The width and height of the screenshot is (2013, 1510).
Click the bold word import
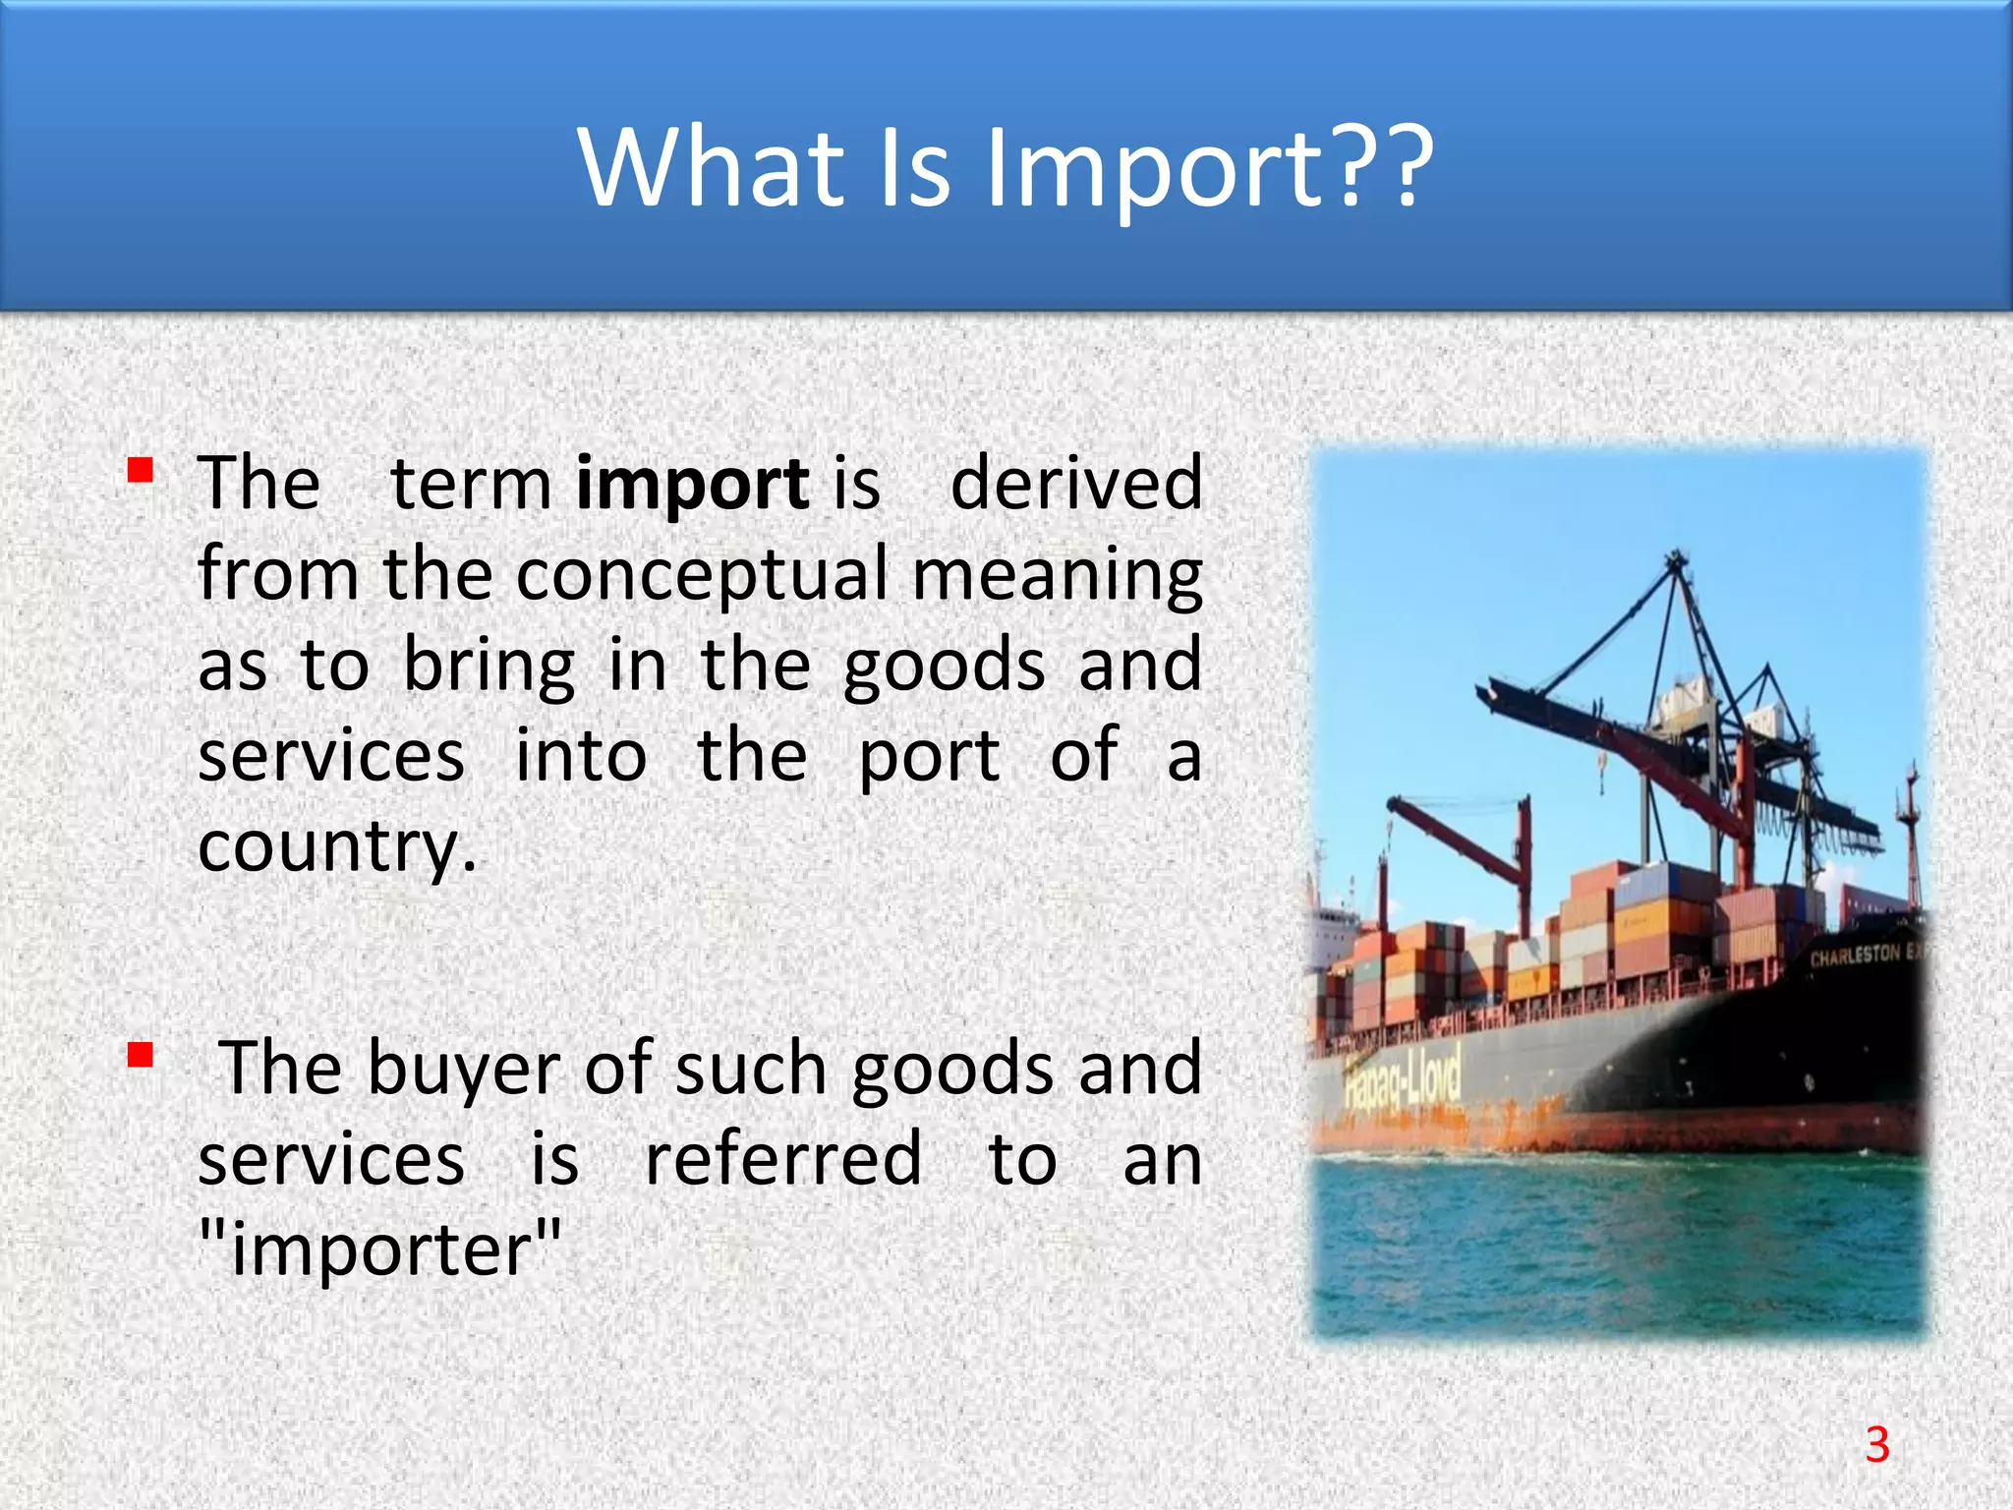click(692, 485)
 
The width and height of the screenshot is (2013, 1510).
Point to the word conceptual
click(702, 575)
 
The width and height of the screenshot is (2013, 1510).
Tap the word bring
click(489, 666)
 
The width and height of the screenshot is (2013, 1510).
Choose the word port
click(930, 757)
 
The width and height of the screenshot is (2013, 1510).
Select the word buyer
click(463, 1070)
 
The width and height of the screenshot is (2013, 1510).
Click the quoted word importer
click(380, 1250)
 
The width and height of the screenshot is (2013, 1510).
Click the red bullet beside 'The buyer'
click(140, 1056)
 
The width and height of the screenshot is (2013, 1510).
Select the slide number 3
click(1877, 1444)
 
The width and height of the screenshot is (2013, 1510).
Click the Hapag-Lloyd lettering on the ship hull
click(1403, 1086)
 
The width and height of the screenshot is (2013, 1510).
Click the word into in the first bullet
click(581, 757)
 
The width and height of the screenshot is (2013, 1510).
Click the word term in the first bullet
click(472, 485)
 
